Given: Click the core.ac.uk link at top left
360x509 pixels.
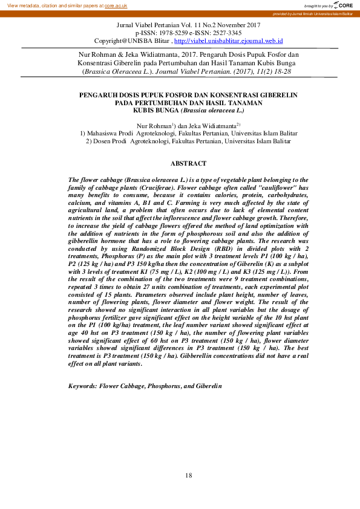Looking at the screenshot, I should click(x=116, y=5).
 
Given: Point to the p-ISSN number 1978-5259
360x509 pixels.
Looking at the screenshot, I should click(x=172, y=33).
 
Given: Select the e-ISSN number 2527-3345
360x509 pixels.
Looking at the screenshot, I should click(x=210, y=33).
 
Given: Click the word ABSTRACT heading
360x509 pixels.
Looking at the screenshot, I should click(x=188, y=163).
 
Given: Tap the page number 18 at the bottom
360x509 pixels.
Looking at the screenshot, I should click(x=189, y=476).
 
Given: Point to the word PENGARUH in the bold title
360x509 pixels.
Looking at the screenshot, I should click(x=101, y=96).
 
